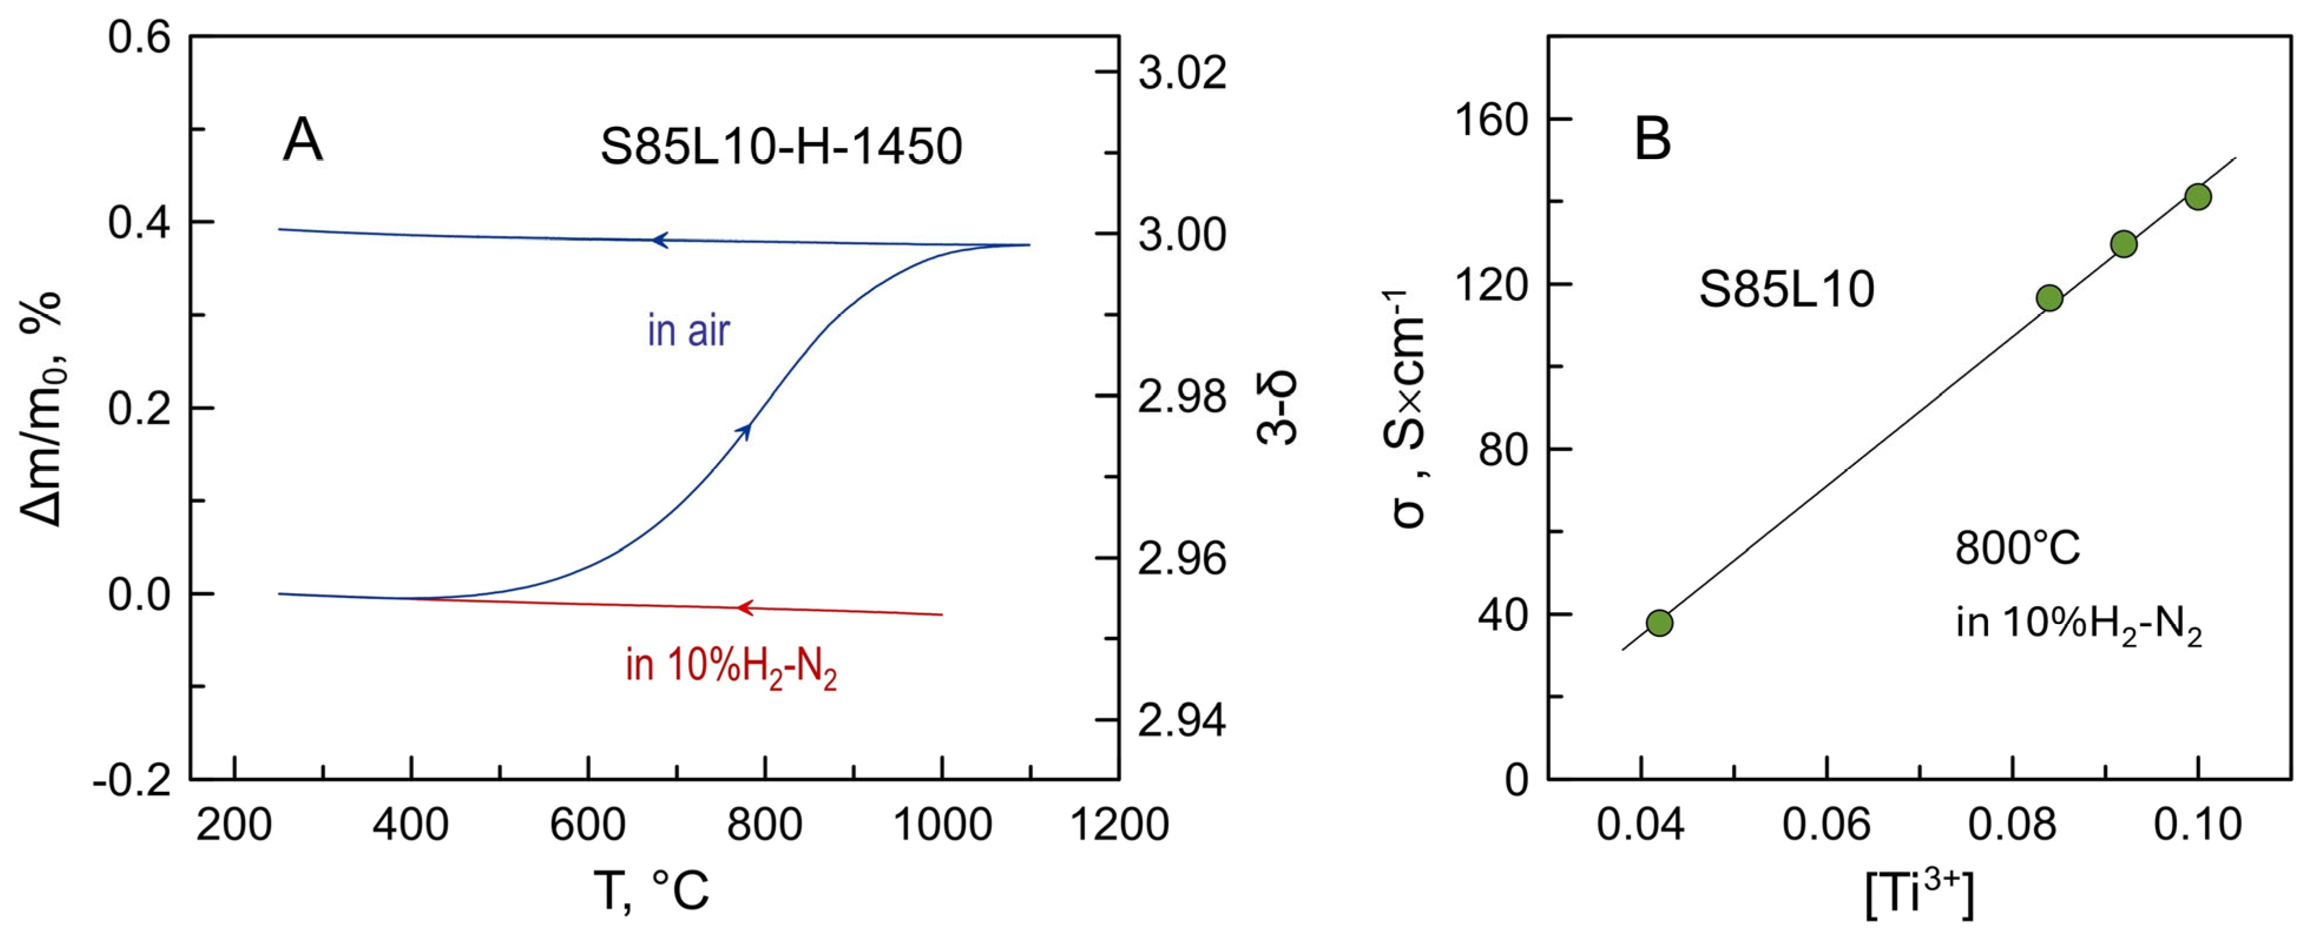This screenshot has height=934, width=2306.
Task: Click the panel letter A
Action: [x=302, y=142]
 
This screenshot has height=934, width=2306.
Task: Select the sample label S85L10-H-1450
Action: [x=781, y=147]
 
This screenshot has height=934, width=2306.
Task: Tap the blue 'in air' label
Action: [x=689, y=331]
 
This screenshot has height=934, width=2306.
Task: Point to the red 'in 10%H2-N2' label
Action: [x=731, y=667]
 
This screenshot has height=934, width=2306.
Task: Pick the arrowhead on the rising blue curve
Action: [x=744, y=430]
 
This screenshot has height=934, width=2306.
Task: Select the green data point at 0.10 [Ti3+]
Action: [x=2198, y=197]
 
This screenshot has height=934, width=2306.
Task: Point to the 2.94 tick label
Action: [x=1182, y=721]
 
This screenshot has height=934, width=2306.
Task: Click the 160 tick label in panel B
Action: [x=1491, y=119]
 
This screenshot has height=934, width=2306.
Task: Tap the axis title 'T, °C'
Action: [x=652, y=891]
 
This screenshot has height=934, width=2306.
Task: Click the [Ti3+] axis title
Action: [x=1919, y=894]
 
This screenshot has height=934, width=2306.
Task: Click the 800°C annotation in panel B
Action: [x=2017, y=548]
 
